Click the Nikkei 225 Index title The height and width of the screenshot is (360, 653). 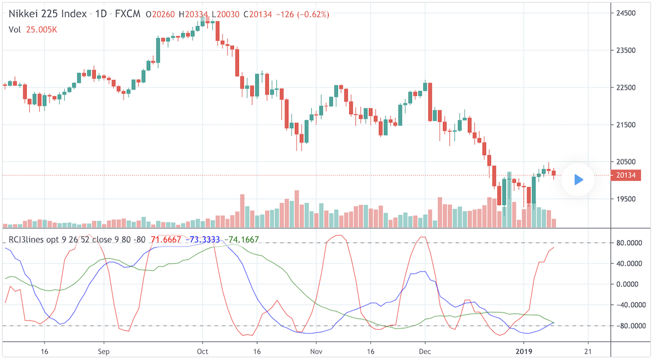(47, 14)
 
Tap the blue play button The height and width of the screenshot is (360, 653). (578, 179)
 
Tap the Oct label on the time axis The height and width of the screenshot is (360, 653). (202, 351)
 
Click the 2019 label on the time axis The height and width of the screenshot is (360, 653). (523, 351)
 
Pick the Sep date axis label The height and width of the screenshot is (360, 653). (104, 351)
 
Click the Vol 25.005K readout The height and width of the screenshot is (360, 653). (33, 29)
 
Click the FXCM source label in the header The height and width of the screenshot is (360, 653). (127, 14)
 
